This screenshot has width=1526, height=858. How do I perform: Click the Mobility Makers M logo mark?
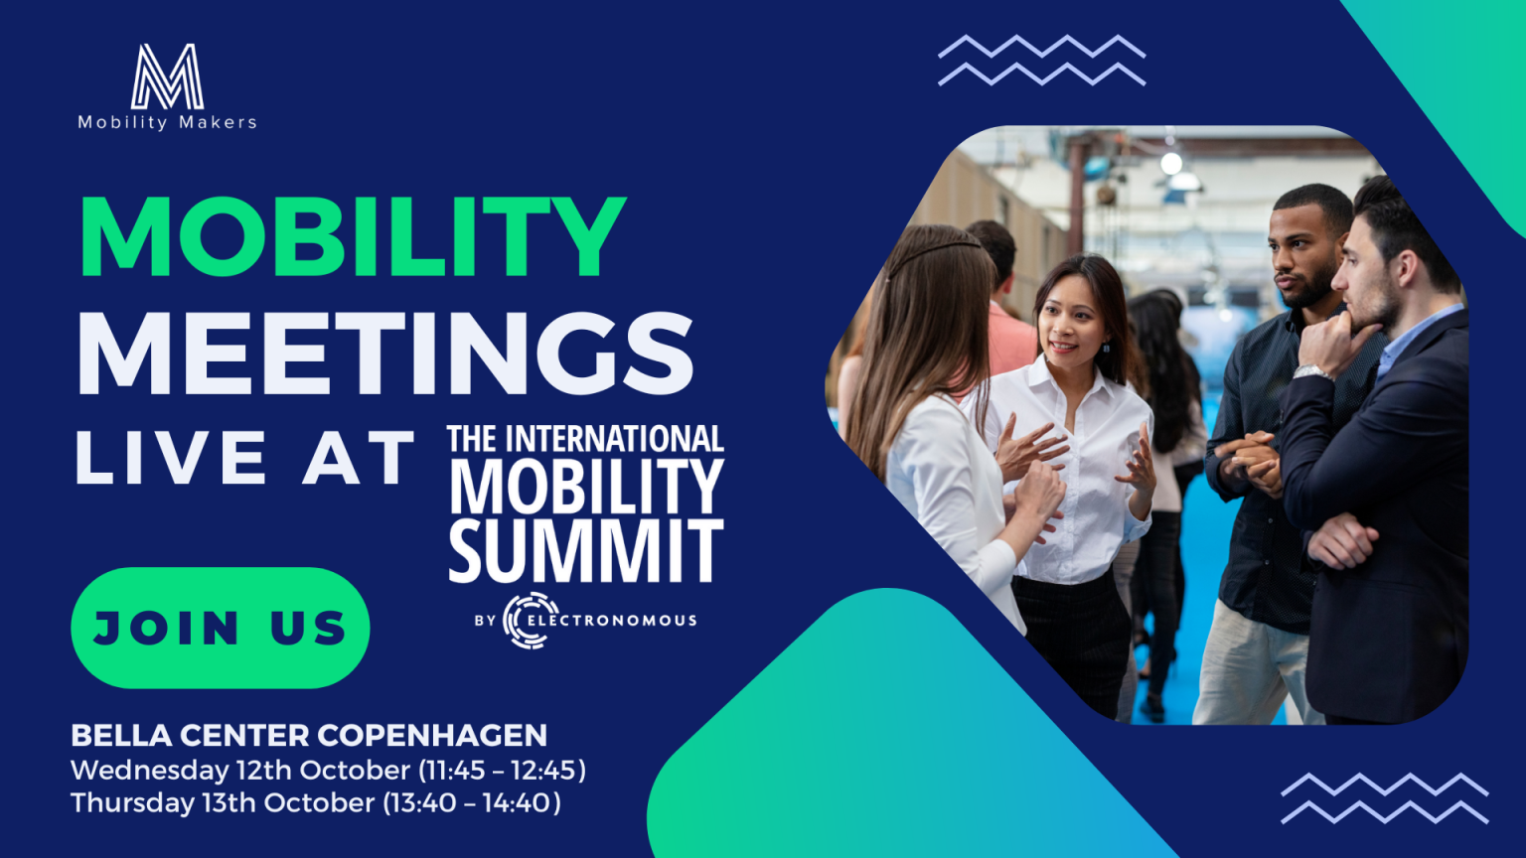pos(167,76)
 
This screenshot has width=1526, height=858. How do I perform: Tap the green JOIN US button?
pos(220,628)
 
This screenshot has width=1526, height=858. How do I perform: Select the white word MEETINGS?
pos(385,353)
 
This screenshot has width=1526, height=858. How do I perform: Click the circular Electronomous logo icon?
pos(531,620)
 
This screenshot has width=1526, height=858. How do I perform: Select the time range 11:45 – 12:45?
pos(503,771)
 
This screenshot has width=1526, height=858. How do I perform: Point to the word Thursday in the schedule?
pos(132,802)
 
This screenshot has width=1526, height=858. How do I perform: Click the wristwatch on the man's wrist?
pos(1311,371)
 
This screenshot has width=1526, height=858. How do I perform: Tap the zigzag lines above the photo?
pos(1041,60)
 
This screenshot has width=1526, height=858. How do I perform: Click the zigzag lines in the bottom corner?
pos(1384,798)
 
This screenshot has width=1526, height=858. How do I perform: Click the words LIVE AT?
pos(243,457)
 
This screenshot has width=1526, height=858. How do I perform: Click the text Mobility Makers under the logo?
pos(167,122)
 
